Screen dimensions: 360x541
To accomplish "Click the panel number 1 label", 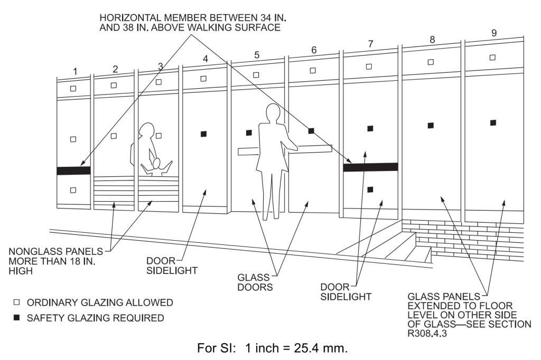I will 75,71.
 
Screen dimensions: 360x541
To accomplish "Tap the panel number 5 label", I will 257,54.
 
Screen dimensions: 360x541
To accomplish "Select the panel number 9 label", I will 493,33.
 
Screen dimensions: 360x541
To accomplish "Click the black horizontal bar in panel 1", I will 74,170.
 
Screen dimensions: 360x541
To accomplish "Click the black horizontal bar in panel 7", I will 370,167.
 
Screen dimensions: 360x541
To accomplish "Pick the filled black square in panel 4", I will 204,134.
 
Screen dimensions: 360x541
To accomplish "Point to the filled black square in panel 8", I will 431,125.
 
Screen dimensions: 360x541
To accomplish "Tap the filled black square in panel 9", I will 493,122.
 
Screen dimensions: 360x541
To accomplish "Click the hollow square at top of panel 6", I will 312,70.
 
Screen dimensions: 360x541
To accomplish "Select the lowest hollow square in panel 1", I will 73,190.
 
